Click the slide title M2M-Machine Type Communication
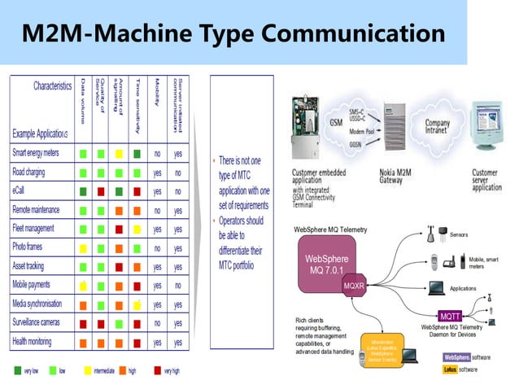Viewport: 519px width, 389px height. point(233,34)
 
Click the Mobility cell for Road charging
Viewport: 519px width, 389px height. point(157,173)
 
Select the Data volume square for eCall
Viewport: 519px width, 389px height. point(83,191)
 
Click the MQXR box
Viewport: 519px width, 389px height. point(354,286)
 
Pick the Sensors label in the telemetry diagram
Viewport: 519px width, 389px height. point(458,234)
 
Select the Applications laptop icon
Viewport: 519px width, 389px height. point(437,287)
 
